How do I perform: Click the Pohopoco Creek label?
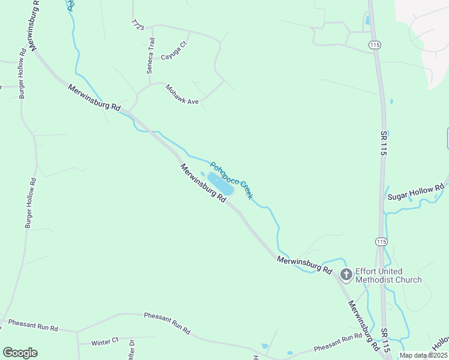(x=231, y=181)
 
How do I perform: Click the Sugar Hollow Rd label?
(x=415, y=193)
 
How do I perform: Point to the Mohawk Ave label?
(x=182, y=94)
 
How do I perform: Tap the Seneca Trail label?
(x=151, y=56)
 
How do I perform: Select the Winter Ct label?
(x=105, y=342)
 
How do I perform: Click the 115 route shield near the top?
(x=375, y=45)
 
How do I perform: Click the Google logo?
(x=20, y=353)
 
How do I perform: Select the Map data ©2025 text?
(x=423, y=355)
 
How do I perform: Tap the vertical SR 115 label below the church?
(x=385, y=339)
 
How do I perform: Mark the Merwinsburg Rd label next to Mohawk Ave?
(x=94, y=97)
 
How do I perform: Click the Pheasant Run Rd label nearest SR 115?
(x=338, y=341)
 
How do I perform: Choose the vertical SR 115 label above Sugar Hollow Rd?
(x=382, y=142)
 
